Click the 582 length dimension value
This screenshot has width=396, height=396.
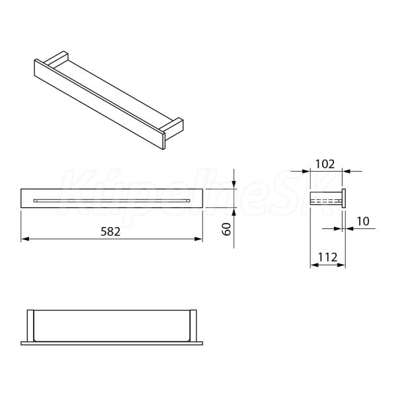[110, 232]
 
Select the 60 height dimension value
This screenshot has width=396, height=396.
[226, 229]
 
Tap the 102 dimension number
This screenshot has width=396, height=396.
[325, 164]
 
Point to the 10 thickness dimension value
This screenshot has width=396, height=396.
[363, 221]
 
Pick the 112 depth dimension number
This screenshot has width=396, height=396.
[327, 257]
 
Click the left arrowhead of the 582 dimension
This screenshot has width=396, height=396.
[24, 239]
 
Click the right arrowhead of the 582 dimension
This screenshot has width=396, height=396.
[199, 239]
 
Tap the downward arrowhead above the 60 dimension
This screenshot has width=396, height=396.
[234, 185]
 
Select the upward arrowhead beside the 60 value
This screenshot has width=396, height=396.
[234, 212]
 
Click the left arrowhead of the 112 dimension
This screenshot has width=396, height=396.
[314, 265]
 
